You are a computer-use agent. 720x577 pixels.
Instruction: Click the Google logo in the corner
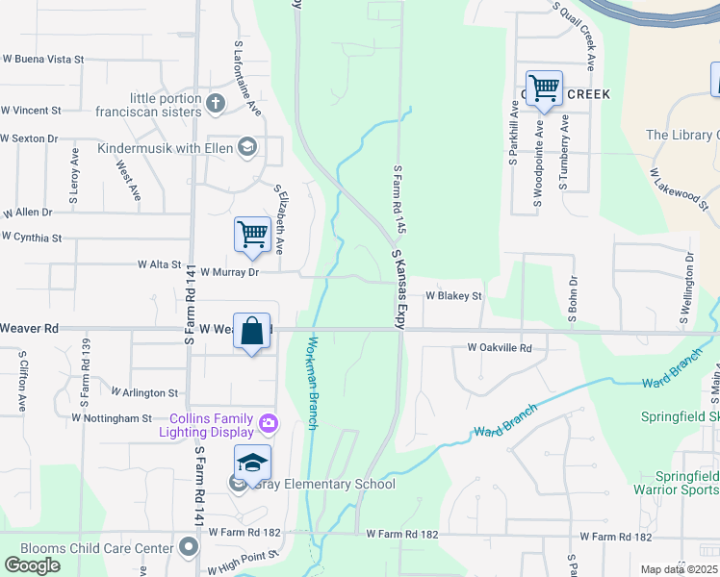33,565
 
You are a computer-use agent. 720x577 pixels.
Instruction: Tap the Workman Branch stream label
312,383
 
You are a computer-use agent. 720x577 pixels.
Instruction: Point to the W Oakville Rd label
500,347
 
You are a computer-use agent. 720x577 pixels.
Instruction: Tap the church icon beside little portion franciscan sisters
217,101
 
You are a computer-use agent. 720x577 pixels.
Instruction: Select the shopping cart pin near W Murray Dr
252,235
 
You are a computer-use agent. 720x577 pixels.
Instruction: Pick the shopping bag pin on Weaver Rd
252,332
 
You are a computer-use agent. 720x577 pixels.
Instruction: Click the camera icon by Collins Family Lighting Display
269,422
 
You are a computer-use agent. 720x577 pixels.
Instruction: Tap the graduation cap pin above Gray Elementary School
252,464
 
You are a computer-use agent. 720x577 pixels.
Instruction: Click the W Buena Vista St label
42,59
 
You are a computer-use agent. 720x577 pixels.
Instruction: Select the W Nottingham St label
112,418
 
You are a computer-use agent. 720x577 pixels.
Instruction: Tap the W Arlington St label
144,392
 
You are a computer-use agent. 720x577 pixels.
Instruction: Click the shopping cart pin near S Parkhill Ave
545,89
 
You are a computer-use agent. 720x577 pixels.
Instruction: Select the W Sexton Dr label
29,138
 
